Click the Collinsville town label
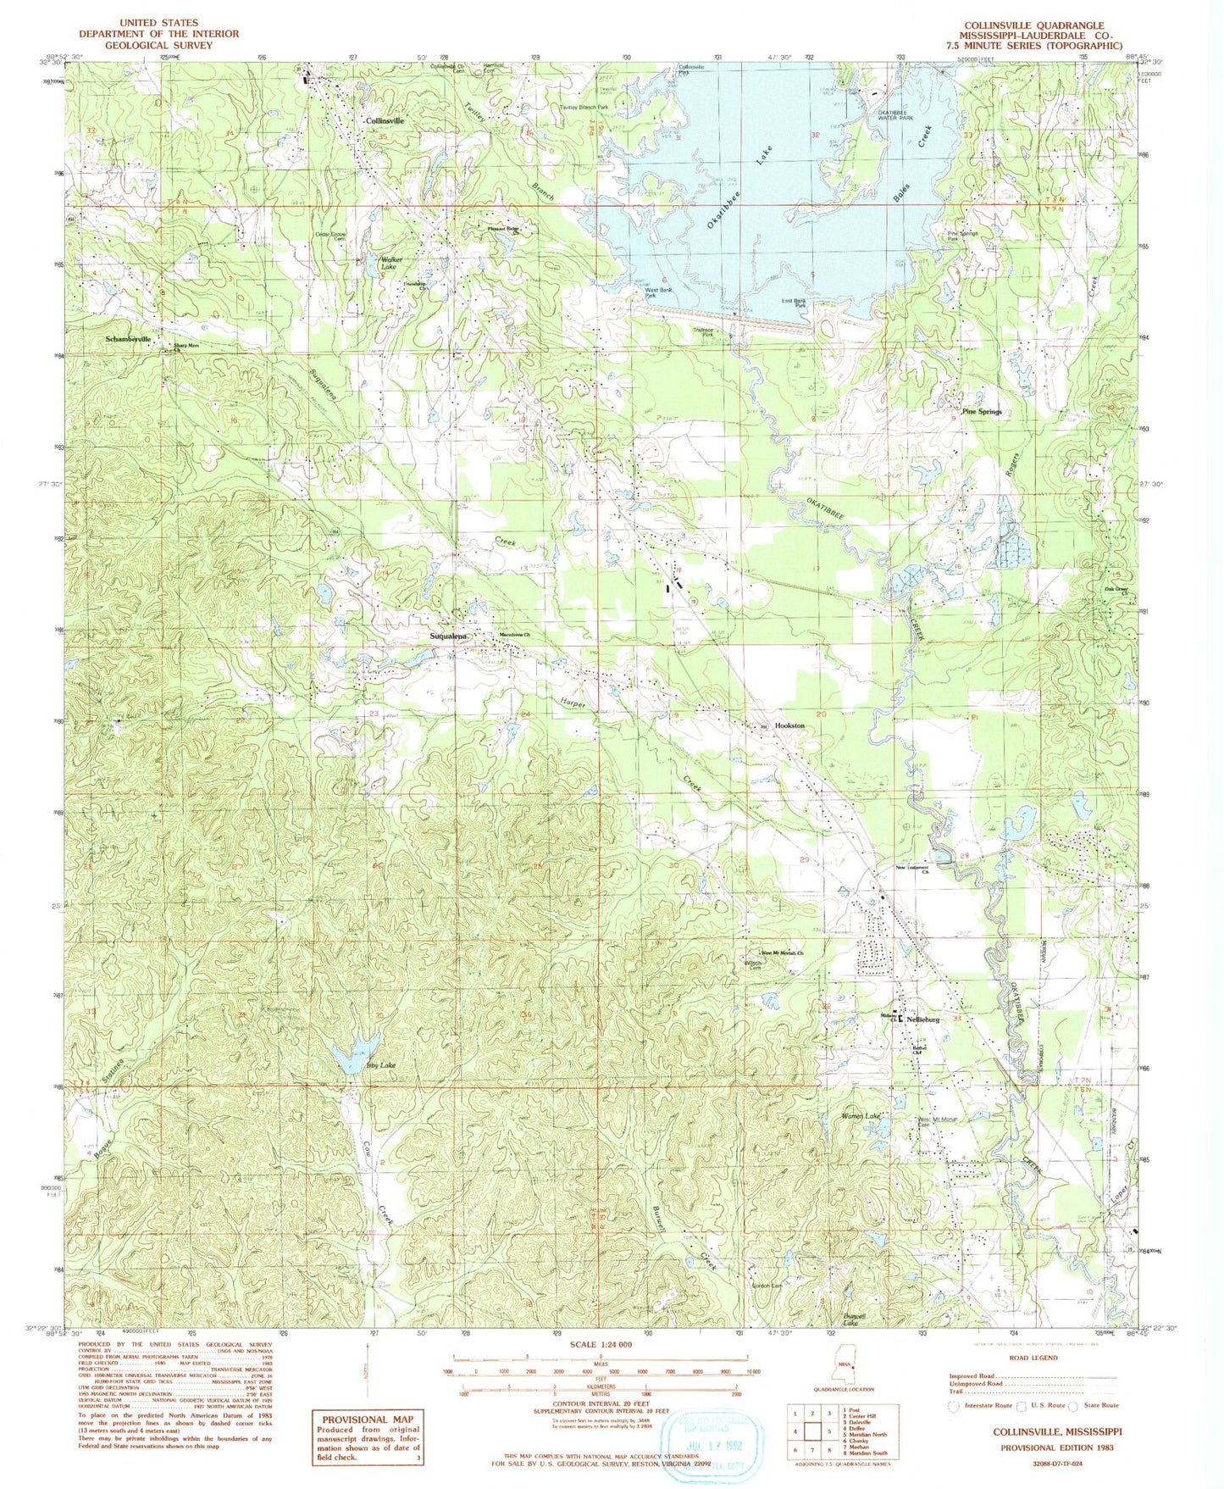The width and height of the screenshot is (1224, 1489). [384, 121]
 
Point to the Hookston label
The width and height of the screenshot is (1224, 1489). [789, 726]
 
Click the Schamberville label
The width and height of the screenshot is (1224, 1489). [128, 338]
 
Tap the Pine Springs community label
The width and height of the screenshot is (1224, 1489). [981, 412]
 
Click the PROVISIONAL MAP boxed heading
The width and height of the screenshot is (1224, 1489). [366, 1419]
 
